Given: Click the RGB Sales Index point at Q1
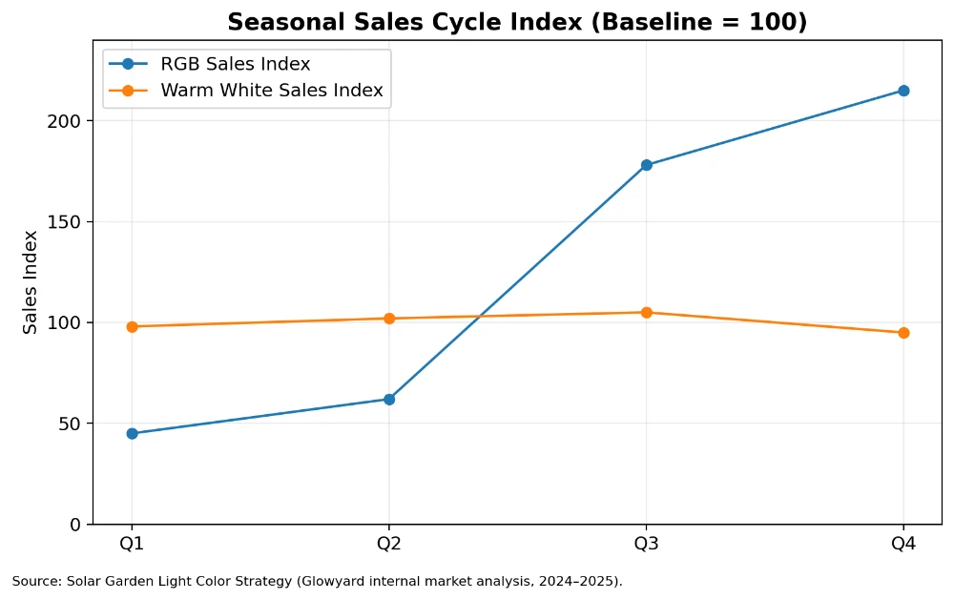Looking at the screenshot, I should (132, 433).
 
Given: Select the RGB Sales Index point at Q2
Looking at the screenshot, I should (389, 399).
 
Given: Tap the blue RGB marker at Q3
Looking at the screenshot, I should (646, 165).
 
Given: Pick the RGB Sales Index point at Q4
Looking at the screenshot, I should (903, 91).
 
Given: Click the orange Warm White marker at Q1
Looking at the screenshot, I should (132, 326).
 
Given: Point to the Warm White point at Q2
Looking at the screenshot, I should (389, 319).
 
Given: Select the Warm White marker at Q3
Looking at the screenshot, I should (646, 312).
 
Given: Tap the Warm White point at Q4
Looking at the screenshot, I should (903, 333).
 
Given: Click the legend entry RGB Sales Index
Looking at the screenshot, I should (235, 65).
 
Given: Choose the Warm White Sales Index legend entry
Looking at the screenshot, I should (271, 91).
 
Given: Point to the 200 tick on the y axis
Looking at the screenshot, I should (69, 121).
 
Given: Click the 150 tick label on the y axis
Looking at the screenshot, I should (69, 222).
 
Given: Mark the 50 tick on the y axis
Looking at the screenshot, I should (73, 424).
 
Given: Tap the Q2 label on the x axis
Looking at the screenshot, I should (389, 545).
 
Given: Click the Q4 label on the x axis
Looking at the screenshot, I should (903, 545).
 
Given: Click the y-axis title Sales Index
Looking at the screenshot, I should (31, 282).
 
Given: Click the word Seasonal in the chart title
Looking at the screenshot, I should (276, 22).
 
